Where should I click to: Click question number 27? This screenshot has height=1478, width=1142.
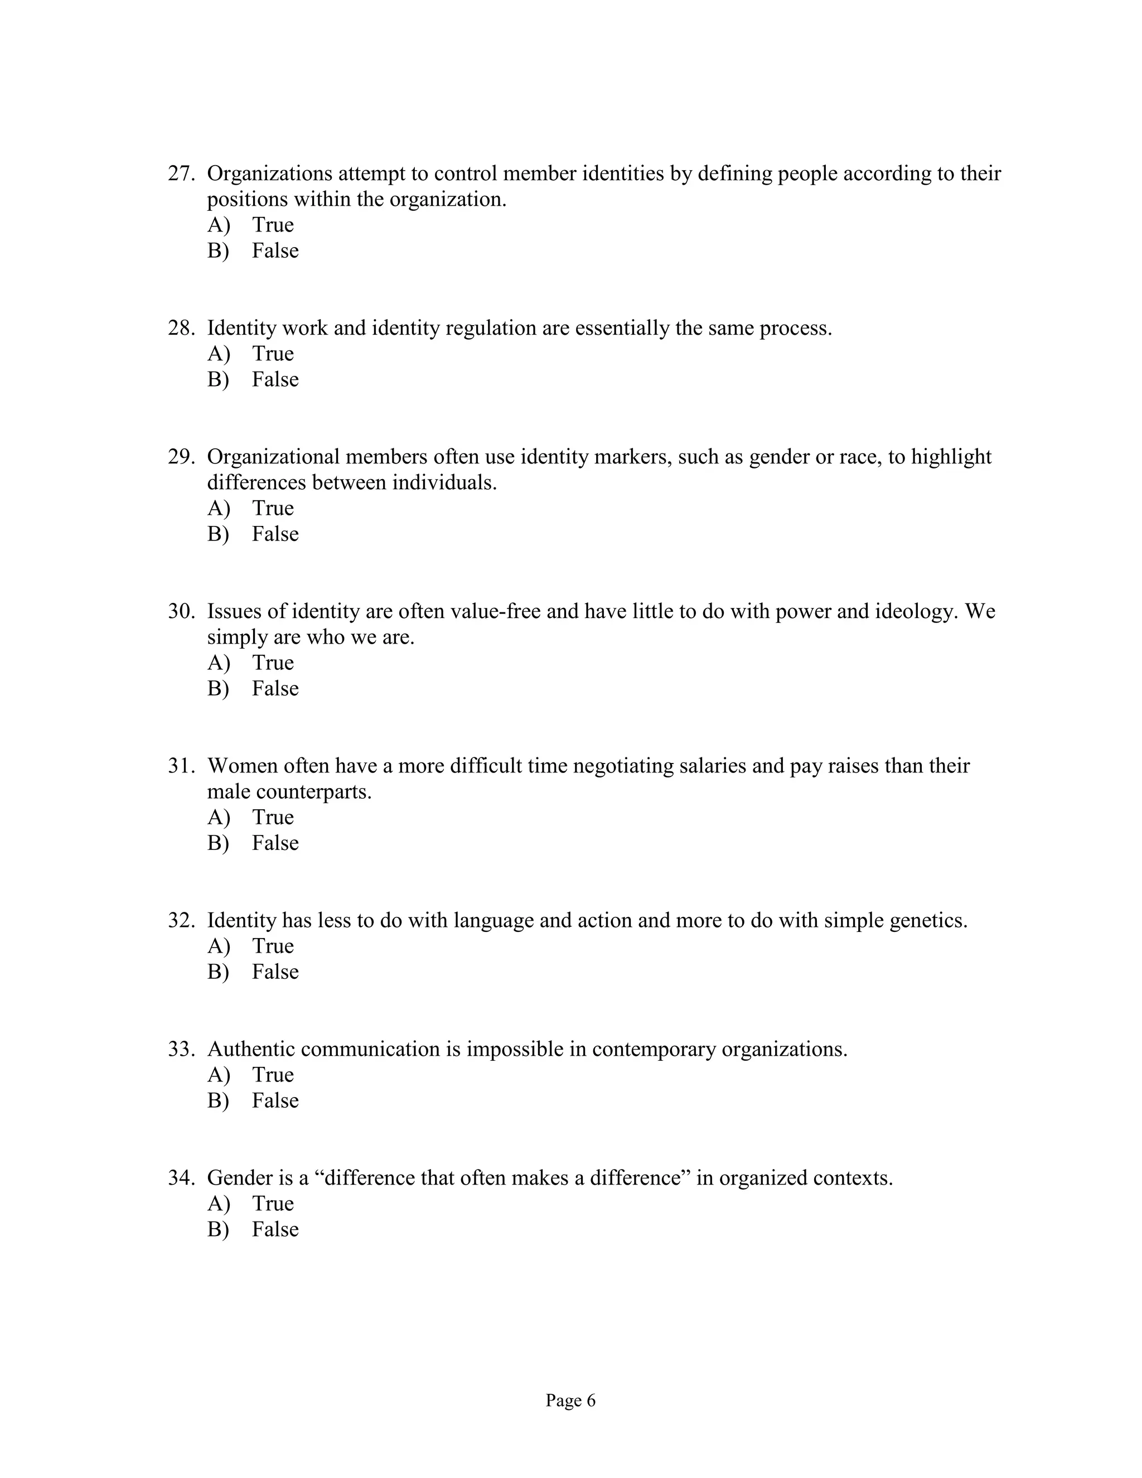pyautogui.click(x=181, y=174)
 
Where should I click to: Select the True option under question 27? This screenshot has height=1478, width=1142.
pyautogui.click(x=272, y=225)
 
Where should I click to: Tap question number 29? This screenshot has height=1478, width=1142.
pyautogui.click(x=181, y=457)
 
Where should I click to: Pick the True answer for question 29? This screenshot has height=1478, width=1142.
pyautogui.click(x=272, y=508)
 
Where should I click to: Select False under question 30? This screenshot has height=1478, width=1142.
pyautogui.click(x=275, y=688)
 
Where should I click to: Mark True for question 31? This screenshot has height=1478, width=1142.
pyautogui.click(x=272, y=817)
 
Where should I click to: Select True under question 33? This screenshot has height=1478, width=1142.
pyautogui.click(x=272, y=1075)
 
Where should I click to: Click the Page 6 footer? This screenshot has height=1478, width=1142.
pyautogui.click(x=570, y=1400)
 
